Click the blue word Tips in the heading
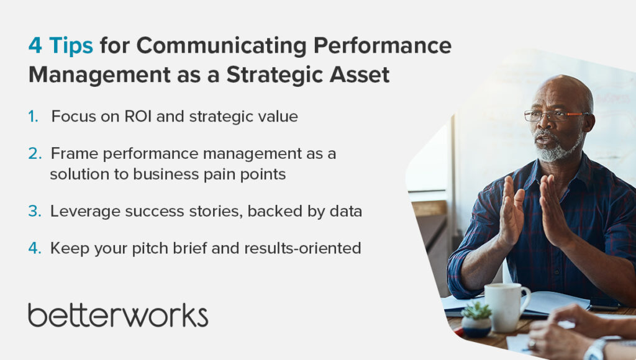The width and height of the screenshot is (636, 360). [71, 46]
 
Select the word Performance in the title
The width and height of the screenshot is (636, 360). [382, 45]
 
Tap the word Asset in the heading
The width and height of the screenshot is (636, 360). [360, 74]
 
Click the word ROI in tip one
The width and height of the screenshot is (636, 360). [138, 116]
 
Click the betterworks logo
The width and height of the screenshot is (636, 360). [118, 315]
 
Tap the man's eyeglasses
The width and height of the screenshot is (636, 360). [556, 115]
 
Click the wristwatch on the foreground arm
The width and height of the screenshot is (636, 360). [596, 350]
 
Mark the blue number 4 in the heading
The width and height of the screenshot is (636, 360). [35, 45]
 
